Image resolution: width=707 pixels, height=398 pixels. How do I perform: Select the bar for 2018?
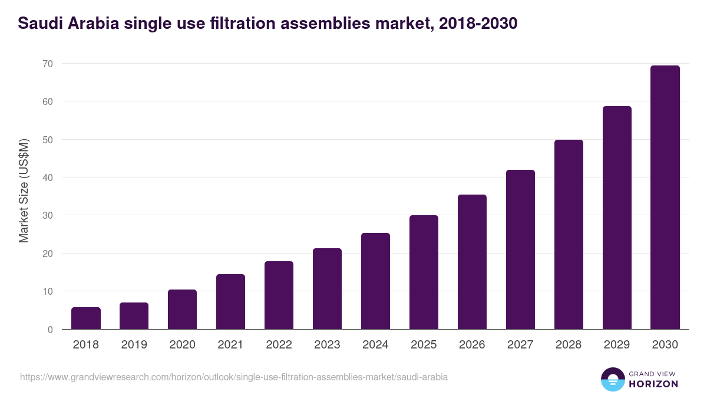coord(86,318)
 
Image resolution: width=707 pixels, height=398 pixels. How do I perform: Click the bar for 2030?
coord(665,198)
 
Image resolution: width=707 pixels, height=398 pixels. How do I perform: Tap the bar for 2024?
coord(375,281)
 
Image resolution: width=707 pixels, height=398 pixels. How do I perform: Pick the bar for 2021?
coord(230,302)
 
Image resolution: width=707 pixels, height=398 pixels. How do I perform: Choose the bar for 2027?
coord(520,249)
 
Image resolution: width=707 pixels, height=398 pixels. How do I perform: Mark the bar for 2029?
coord(617,218)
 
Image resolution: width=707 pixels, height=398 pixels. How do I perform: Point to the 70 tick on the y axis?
coord(48,64)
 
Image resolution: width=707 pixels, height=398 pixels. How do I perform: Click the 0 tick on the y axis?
coord(50,330)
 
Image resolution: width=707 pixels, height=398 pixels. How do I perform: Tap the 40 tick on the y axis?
coord(48,177)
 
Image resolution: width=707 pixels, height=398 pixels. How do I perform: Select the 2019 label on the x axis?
coord(134,345)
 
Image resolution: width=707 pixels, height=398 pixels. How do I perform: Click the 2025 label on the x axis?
coord(424,345)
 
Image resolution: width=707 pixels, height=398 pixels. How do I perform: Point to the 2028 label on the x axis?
coord(569,345)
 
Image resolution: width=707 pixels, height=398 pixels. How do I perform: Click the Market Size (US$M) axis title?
coord(24,190)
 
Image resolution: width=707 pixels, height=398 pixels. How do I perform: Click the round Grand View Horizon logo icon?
coord(612,379)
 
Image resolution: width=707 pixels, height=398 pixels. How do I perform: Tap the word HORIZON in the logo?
coord(653,384)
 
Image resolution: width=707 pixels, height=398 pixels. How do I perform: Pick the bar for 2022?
coord(279,295)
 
